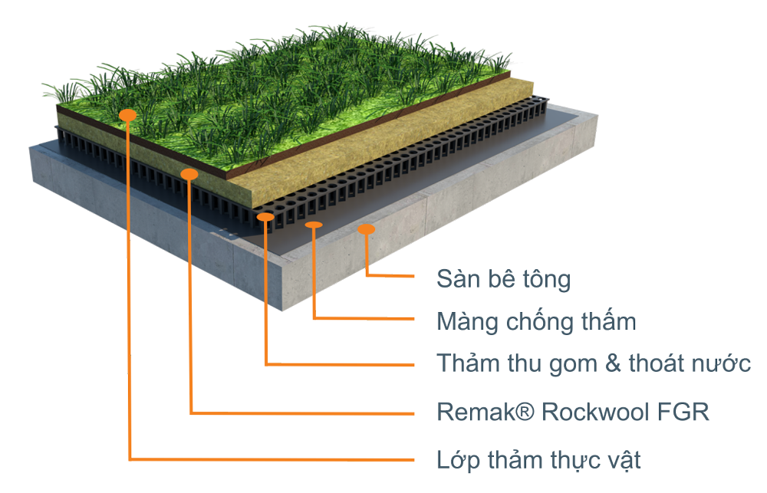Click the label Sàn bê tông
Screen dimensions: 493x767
click(x=503, y=278)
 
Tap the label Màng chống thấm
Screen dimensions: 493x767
click(x=536, y=320)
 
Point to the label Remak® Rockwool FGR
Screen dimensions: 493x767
click(x=573, y=412)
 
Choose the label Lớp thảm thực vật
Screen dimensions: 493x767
click(x=538, y=460)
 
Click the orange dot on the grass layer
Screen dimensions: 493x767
click(x=128, y=115)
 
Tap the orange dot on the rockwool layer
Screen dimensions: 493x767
click(x=189, y=174)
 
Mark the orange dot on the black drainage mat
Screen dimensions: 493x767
click(x=265, y=217)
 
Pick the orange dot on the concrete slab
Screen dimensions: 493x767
click(x=367, y=228)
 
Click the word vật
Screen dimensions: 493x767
click(x=622, y=460)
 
